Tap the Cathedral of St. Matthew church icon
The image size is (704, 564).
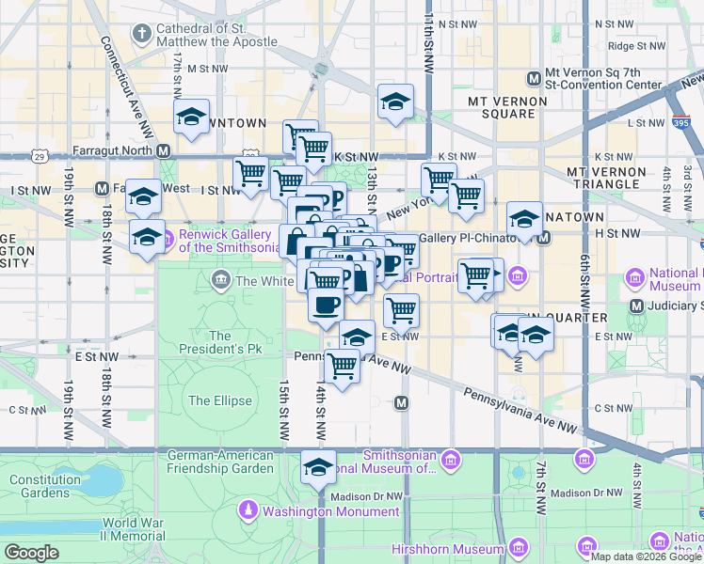coord(141,35)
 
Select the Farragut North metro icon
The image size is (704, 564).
coord(164,149)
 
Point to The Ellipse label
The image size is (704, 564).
coord(219,400)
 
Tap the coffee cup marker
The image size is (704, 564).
coord(326,305)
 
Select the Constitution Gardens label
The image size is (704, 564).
coord(39,486)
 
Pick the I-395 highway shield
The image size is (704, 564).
coord(681,121)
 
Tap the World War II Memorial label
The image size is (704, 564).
coord(134,529)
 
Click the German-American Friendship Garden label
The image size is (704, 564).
coord(220,462)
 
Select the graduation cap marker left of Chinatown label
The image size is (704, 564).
coord(524,219)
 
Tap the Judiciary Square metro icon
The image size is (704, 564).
coord(636,305)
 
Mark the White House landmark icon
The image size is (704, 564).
coord(221,279)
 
